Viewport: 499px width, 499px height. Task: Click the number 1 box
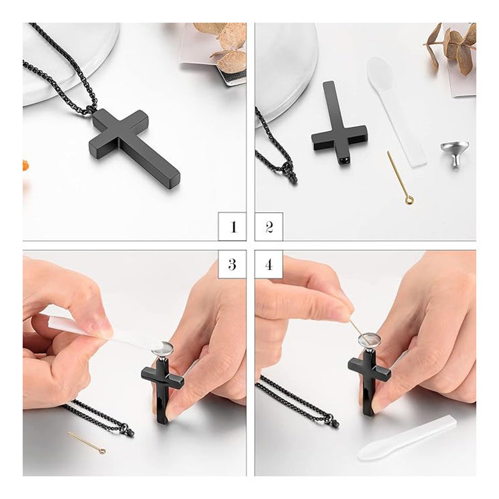[x=232, y=227]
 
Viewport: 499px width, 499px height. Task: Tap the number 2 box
[x=269, y=227]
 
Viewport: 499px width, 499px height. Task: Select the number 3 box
[x=232, y=264]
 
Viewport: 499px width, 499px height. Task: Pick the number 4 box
[x=269, y=264]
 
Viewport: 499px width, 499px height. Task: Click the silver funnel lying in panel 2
[x=454, y=155]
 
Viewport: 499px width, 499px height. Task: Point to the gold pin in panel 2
[x=399, y=178]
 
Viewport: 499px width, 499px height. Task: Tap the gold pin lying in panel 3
[x=87, y=442]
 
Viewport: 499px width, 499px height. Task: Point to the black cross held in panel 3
[x=162, y=391]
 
